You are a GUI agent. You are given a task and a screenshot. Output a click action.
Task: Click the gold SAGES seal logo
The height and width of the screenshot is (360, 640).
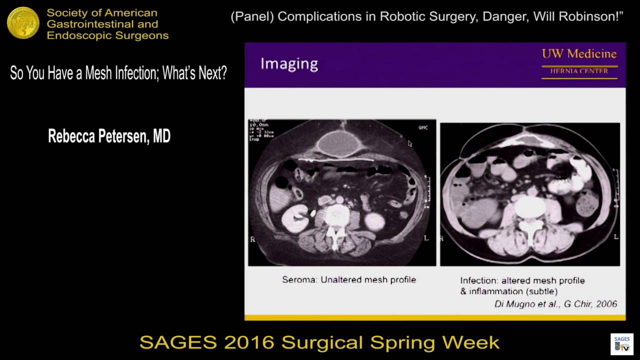(x=23, y=23)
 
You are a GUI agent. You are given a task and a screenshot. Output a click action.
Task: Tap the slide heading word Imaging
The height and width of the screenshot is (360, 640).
(x=289, y=64)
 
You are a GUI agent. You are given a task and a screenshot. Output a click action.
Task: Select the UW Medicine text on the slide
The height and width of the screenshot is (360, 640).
(x=579, y=54)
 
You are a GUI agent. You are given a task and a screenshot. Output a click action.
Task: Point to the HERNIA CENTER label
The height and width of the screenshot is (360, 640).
(x=579, y=71)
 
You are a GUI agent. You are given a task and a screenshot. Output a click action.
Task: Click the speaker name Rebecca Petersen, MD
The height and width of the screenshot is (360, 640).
(x=109, y=136)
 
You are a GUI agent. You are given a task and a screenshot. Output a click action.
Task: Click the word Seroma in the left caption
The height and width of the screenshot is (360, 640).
(x=298, y=280)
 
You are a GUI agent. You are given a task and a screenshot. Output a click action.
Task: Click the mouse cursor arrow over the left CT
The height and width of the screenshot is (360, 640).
(x=410, y=143)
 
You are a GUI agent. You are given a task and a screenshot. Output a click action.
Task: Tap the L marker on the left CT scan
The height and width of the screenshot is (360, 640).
(x=426, y=238)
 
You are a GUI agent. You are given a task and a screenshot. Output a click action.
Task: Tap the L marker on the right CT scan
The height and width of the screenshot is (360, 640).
(x=615, y=236)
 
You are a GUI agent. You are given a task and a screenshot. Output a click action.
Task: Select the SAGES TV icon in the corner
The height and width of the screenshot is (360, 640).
(x=622, y=343)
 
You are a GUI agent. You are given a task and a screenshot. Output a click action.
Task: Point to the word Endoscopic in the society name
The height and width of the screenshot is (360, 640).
(x=75, y=35)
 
